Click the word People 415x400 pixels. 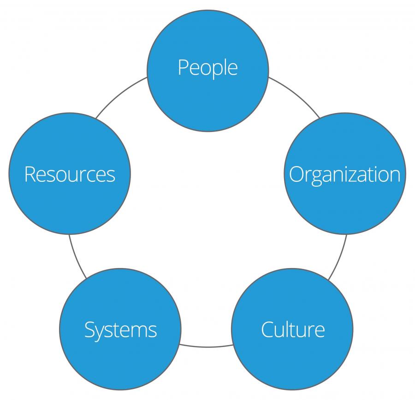click(207, 68)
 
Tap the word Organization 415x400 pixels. click(344, 174)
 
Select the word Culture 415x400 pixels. click(293, 329)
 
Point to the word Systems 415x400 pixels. click(120, 330)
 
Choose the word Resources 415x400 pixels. click(70, 174)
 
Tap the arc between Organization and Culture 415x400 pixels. click(339, 258)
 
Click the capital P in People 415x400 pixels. click(183, 67)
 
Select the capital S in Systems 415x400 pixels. click(89, 330)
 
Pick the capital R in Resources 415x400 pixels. click(30, 174)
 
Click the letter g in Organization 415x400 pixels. click(316, 177)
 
